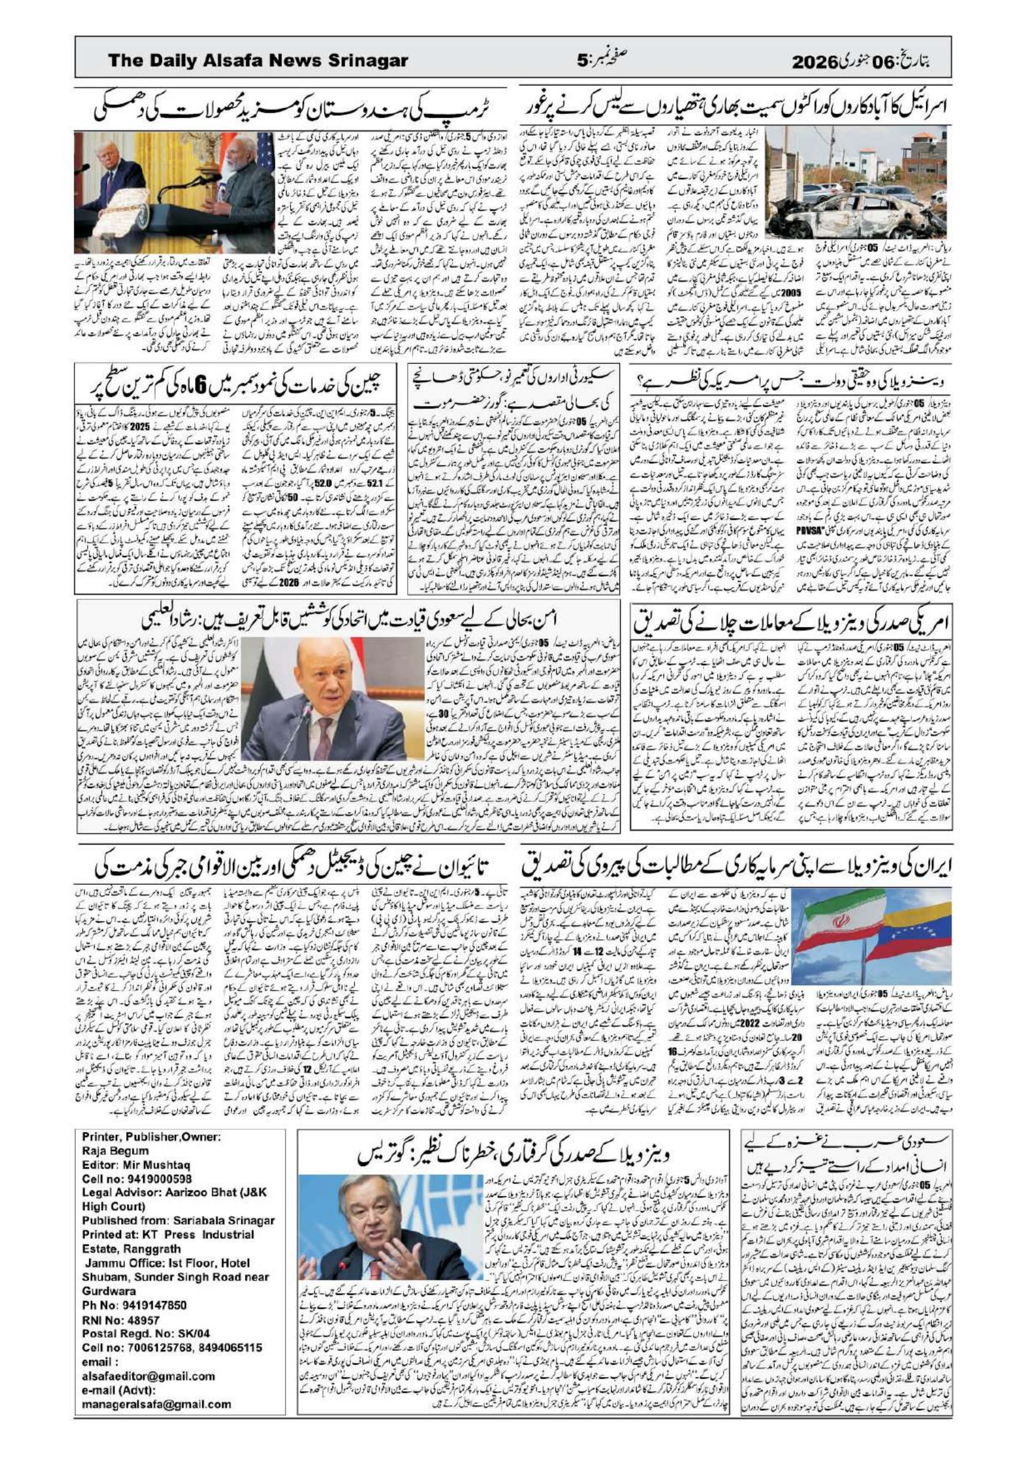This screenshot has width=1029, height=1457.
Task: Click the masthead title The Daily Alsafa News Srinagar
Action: click(x=258, y=61)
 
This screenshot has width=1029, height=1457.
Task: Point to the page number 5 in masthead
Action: click(x=582, y=61)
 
